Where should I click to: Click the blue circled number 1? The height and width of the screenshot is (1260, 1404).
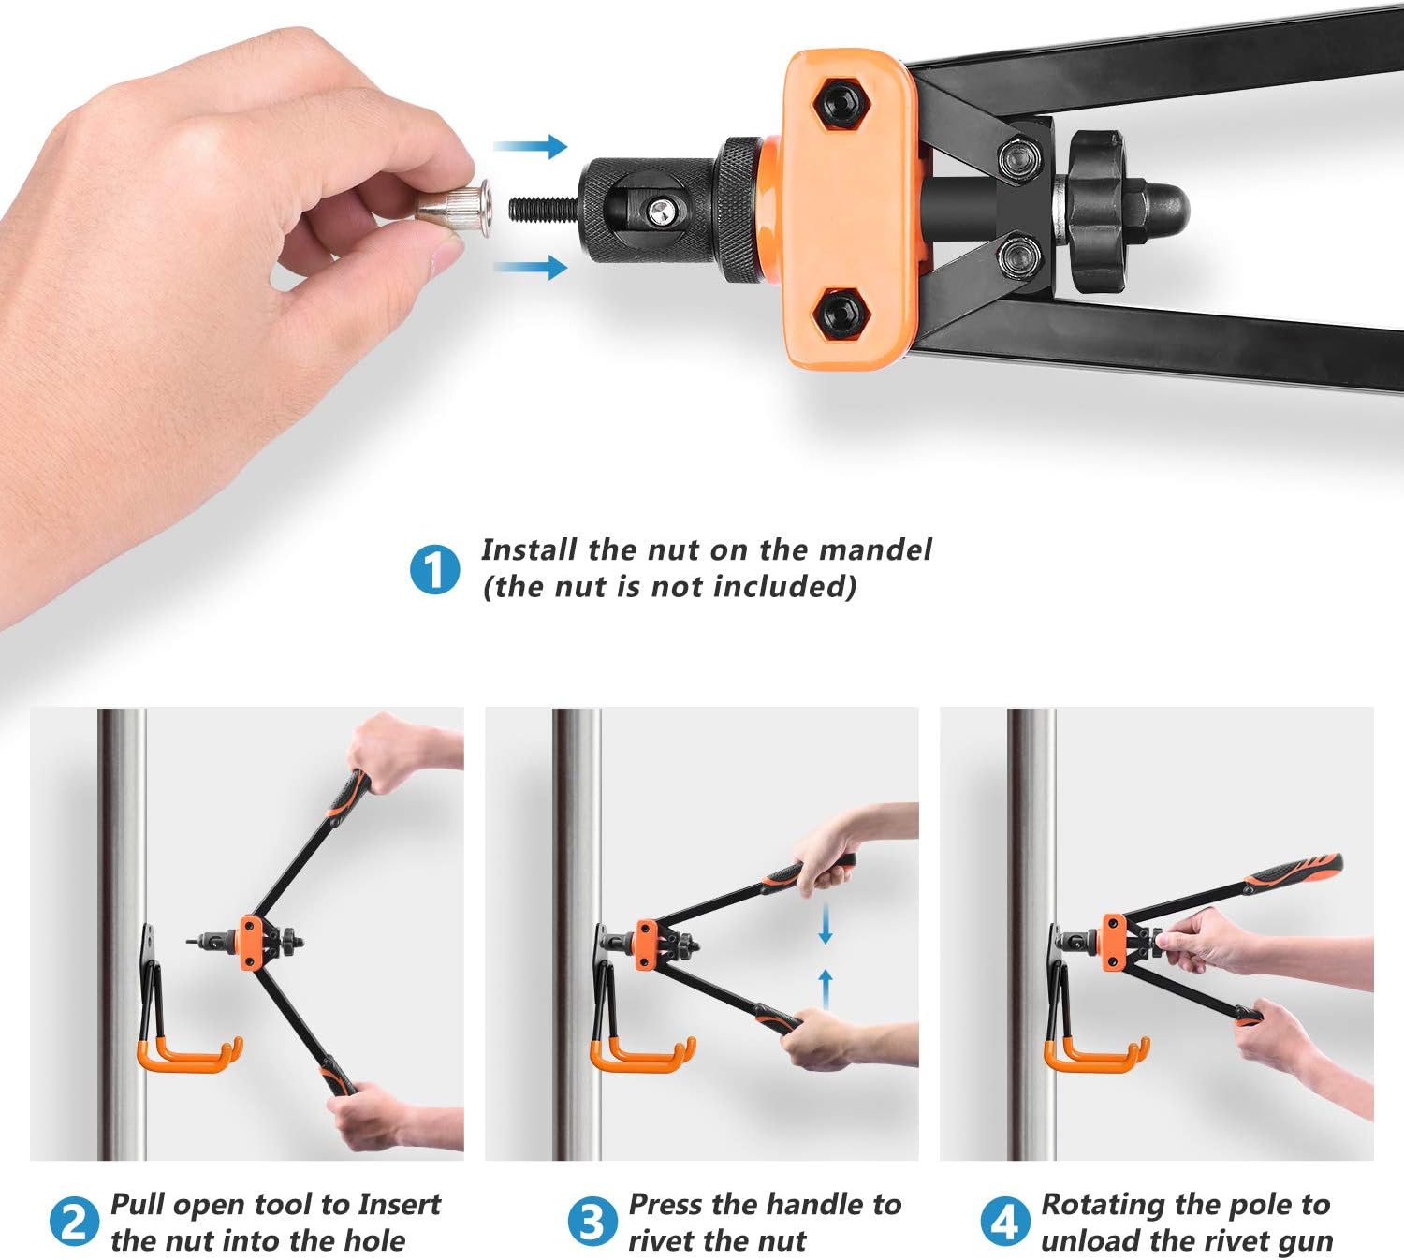434,569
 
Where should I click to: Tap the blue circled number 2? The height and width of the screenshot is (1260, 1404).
74,1223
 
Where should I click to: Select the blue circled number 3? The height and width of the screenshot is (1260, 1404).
592,1223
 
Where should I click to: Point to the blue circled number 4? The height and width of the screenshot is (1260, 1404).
1005,1223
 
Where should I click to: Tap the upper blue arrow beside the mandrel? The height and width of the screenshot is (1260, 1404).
530,146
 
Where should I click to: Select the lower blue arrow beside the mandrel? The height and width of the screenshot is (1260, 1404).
530,267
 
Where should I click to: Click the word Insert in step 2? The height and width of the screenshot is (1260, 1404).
399,1205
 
